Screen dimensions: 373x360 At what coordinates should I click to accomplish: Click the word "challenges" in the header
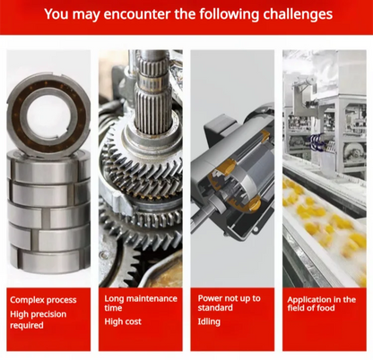[x=298, y=14]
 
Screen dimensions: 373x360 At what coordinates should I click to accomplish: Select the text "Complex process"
[x=43, y=300]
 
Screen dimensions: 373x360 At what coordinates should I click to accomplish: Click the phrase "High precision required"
[x=39, y=320]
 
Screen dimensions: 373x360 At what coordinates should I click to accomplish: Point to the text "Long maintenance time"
[x=141, y=303]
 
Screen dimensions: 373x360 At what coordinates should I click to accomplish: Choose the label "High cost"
[x=123, y=321]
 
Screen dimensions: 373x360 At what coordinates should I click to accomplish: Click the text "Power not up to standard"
[x=229, y=303]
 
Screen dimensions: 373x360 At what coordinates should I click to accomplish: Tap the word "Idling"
[x=209, y=321]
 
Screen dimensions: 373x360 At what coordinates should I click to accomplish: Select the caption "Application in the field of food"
[x=322, y=304]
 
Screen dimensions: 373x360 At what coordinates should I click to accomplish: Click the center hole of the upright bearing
[x=48, y=116]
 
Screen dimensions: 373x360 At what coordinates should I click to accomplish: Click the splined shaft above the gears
[x=152, y=92]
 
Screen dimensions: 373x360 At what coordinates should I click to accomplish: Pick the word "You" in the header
[x=56, y=14]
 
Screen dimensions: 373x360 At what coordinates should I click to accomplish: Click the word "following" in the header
[x=229, y=14]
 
